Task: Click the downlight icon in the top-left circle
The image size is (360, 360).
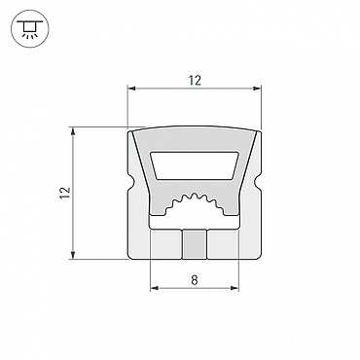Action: [x=29, y=28]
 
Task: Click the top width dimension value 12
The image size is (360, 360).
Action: [x=195, y=81]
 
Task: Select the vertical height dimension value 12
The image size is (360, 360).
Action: [x=66, y=193]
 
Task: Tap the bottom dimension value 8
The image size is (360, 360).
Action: [x=195, y=279]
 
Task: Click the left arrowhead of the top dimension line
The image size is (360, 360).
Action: [x=131, y=88]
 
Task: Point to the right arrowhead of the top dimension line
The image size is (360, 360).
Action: [x=257, y=88]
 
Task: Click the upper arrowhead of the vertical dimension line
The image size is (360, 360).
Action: [x=73, y=131]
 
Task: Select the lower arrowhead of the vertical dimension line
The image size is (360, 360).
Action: [x=73, y=255]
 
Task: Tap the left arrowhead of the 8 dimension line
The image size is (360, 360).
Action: [x=155, y=288]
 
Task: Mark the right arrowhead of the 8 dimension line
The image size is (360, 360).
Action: [x=234, y=288]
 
